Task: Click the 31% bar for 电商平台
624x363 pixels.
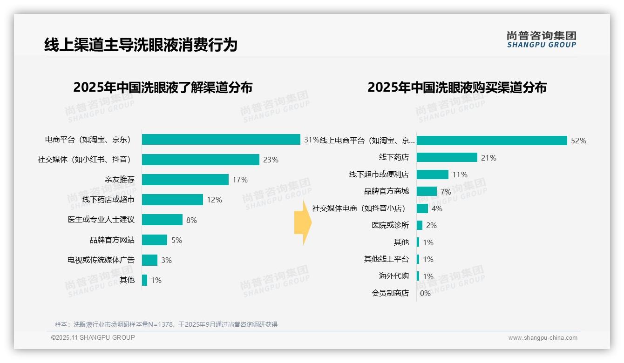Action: pyautogui.click(x=221, y=140)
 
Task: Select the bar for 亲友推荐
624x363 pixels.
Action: pyautogui.click(x=185, y=180)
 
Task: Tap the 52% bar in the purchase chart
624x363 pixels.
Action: pyautogui.click(x=491, y=141)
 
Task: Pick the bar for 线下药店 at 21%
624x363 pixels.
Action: pyautogui.click(x=447, y=157)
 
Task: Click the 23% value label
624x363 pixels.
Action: pyautogui.click(x=271, y=160)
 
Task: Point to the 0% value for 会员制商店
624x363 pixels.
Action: pyautogui.click(x=425, y=293)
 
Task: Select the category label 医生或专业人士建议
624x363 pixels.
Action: pyautogui.click(x=101, y=220)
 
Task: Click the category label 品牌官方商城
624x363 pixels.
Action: pyautogui.click(x=386, y=191)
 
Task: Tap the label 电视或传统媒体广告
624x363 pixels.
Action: pyautogui.click(x=101, y=260)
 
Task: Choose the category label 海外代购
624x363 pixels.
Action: pyautogui.click(x=393, y=276)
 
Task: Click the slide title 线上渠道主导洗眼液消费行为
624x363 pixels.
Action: pyautogui.click(x=141, y=45)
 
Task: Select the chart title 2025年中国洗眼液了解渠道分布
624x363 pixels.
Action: pyautogui.click(x=163, y=87)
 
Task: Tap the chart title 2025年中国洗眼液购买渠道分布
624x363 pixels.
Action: pyautogui.click(x=457, y=87)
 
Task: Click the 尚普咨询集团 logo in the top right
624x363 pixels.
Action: pyautogui.click(x=541, y=40)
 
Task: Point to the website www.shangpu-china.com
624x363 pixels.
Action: pyautogui.click(x=543, y=338)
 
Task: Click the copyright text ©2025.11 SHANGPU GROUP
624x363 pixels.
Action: pyautogui.click(x=93, y=337)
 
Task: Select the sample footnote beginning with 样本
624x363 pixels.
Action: pyautogui.click(x=166, y=324)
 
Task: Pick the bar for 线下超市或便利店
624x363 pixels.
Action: pyautogui.click(x=432, y=175)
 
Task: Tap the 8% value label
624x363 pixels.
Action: pyautogui.click(x=191, y=220)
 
